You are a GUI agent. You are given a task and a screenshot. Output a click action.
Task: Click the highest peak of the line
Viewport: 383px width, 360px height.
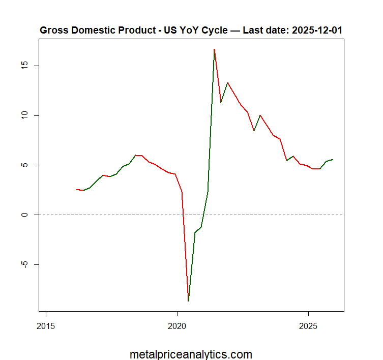(x=214, y=49)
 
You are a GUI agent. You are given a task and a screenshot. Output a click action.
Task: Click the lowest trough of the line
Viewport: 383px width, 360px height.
(x=188, y=301)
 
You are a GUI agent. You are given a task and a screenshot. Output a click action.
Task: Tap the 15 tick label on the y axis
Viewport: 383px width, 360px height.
(x=25, y=66)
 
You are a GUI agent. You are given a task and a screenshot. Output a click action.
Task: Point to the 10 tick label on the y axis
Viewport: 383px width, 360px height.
(x=25, y=115)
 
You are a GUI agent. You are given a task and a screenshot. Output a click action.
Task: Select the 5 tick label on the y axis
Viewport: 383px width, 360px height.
(x=25, y=165)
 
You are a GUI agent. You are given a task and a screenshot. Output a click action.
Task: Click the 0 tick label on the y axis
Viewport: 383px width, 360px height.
(x=25, y=215)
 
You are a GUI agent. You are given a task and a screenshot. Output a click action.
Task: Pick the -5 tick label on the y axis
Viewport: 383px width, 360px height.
(x=25, y=264)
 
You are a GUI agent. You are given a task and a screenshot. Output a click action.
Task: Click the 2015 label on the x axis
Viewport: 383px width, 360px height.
(x=46, y=326)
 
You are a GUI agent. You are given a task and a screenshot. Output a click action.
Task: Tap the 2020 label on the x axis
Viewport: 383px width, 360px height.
(x=177, y=326)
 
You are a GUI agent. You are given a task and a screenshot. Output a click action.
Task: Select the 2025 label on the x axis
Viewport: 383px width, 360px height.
(x=308, y=326)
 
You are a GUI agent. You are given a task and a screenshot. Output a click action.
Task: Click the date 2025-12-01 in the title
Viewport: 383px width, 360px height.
(x=317, y=31)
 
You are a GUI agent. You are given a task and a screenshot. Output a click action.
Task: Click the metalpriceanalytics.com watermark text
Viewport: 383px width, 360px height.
(x=191, y=354)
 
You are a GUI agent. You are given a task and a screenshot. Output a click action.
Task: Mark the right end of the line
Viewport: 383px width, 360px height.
(x=333, y=160)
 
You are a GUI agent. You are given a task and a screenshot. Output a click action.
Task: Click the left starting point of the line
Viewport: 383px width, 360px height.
(x=77, y=190)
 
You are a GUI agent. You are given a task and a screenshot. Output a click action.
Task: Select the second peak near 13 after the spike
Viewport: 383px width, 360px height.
(x=227, y=83)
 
